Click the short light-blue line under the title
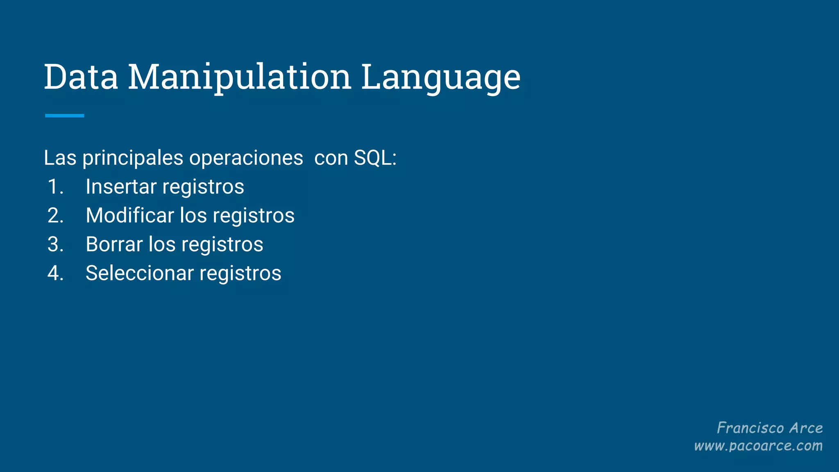click(x=64, y=116)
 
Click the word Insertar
click(x=121, y=187)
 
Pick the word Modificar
click(x=130, y=216)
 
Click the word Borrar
click(x=114, y=244)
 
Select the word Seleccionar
click(x=139, y=273)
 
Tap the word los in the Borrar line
click(x=162, y=244)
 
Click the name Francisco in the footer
click(x=750, y=428)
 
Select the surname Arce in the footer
click(x=806, y=428)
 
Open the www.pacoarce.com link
click(x=758, y=446)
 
